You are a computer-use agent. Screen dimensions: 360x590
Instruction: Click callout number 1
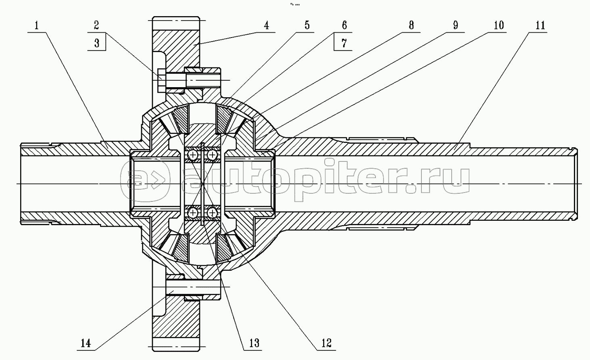(x=37, y=25)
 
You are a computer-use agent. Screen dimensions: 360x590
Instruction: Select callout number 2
(x=96, y=25)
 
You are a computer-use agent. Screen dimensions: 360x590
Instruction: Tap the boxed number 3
(x=97, y=43)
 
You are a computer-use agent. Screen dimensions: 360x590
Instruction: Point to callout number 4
(x=267, y=25)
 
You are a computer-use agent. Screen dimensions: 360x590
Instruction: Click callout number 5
(x=307, y=25)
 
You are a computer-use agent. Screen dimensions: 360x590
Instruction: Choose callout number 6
(x=344, y=25)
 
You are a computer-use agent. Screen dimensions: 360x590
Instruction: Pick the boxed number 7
(x=344, y=43)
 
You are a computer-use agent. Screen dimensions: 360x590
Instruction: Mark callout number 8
(x=411, y=25)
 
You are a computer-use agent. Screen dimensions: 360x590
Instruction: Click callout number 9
(x=455, y=25)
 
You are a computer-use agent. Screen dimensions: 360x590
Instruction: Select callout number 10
(x=499, y=25)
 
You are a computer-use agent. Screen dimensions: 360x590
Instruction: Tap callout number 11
(x=540, y=25)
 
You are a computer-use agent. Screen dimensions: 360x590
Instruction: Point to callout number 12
(x=326, y=343)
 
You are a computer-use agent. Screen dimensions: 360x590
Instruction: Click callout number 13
(x=254, y=343)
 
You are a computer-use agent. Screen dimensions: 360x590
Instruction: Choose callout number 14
(x=85, y=343)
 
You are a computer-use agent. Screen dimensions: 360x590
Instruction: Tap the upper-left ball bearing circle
(x=193, y=155)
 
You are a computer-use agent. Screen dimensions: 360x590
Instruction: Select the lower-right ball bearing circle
(x=212, y=212)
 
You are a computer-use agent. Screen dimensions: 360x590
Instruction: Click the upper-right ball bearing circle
(x=212, y=155)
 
